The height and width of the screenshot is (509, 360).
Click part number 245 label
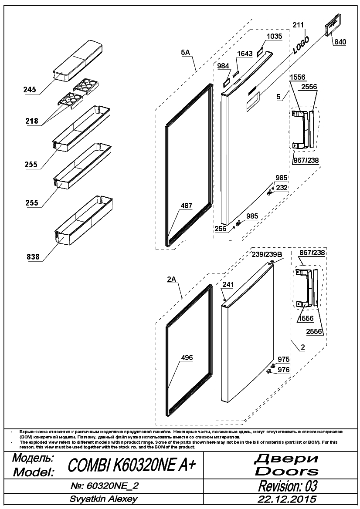click(30, 90)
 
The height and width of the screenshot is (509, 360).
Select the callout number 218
click(32, 121)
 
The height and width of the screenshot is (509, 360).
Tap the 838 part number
click(33, 257)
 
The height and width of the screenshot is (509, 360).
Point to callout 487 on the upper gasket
click(187, 206)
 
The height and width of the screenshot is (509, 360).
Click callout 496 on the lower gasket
click(187, 357)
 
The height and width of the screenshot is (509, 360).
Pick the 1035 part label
click(274, 36)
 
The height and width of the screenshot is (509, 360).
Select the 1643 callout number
click(245, 54)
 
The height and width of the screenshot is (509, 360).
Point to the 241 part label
click(228, 285)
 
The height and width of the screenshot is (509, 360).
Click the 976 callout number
click(284, 370)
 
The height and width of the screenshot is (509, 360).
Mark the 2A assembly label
click(172, 279)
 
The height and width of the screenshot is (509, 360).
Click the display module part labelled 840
click(334, 25)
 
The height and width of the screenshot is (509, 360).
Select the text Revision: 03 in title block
click(288, 486)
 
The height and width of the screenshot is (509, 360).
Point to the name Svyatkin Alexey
click(103, 499)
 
